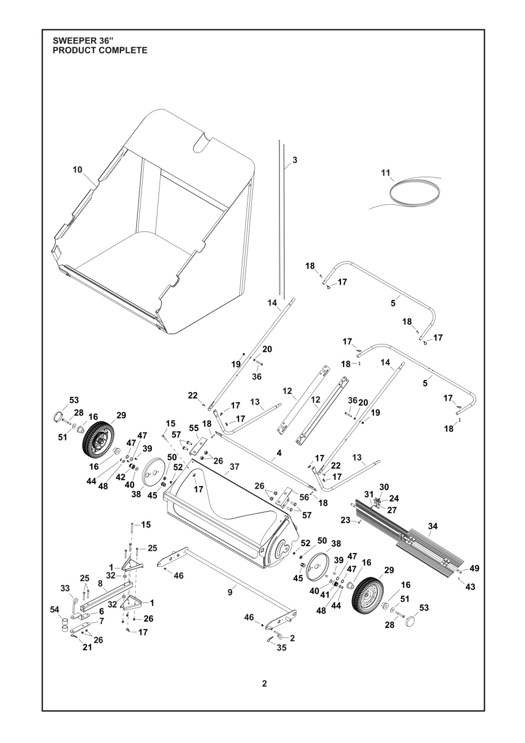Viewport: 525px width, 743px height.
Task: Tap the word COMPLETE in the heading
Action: [121, 50]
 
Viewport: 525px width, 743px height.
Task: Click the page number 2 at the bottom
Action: [264, 682]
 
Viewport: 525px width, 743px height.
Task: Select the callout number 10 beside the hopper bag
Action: [77, 170]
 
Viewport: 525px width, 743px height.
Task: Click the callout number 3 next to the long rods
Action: [295, 159]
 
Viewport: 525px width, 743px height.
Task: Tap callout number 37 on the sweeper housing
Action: [234, 467]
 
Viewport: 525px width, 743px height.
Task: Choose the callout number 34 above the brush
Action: [433, 526]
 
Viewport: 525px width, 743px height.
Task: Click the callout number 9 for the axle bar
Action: [230, 593]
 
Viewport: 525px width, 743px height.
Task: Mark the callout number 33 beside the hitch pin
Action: [65, 588]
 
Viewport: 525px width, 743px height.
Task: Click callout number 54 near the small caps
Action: [55, 610]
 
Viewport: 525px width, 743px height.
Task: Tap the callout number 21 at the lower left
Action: [87, 647]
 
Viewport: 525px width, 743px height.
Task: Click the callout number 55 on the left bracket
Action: [194, 427]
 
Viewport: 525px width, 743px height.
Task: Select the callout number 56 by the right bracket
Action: [304, 497]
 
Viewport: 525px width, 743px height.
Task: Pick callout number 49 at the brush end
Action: [474, 568]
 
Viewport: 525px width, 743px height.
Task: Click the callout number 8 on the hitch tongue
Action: [100, 583]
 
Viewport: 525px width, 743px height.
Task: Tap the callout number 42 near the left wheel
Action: [120, 477]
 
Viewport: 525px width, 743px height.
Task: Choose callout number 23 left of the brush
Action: [345, 520]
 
